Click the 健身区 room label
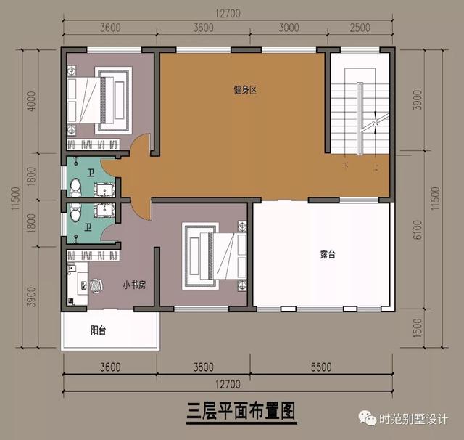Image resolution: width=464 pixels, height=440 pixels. (x=246, y=90)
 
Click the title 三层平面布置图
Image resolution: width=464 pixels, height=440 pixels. (x=232, y=411)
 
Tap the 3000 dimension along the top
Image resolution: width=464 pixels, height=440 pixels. (x=288, y=28)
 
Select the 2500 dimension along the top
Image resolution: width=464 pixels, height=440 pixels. (x=360, y=28)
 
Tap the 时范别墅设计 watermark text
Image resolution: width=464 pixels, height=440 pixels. (x=414, y=420)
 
